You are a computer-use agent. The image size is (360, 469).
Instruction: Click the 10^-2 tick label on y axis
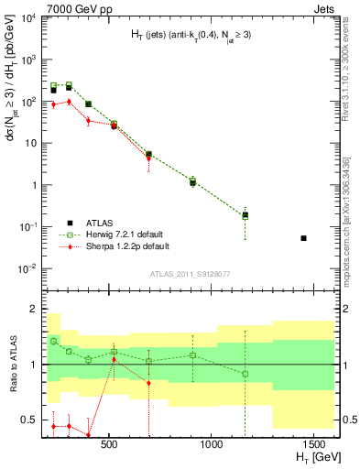click(27, 267)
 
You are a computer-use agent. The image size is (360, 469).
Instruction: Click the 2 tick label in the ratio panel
click(33, 309)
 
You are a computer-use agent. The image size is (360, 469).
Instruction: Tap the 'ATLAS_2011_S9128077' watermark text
click(189, 273)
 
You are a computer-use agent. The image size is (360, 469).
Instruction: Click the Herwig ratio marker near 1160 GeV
click(245, 374)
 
